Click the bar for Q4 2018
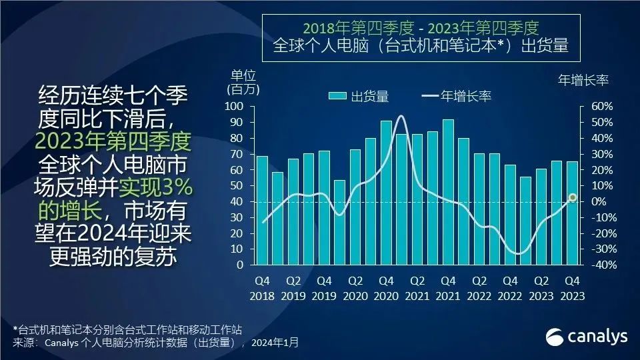click(262, 210)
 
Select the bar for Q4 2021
click(448, 192)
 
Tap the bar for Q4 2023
click(572, 213)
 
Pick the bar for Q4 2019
click(324, 207)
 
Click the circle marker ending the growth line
click(572, 197)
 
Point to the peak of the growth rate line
click(401, 117)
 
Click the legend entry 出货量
click(359, 97)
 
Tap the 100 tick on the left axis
click(234, 107)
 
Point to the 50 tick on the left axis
click(237, 186)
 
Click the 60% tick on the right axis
click(601, 107)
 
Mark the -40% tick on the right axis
click(598, 265)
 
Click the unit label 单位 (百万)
click(243, 81)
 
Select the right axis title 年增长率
click(583, 81)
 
